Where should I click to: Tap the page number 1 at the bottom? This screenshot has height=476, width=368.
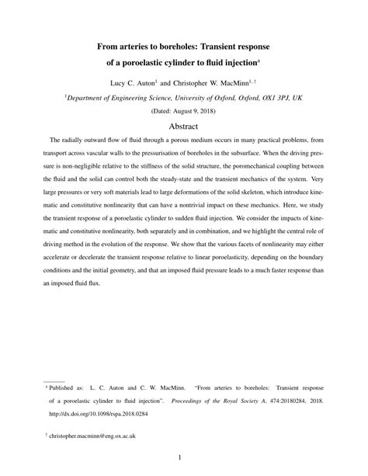point(184,457)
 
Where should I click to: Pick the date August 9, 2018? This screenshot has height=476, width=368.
point(192,111)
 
